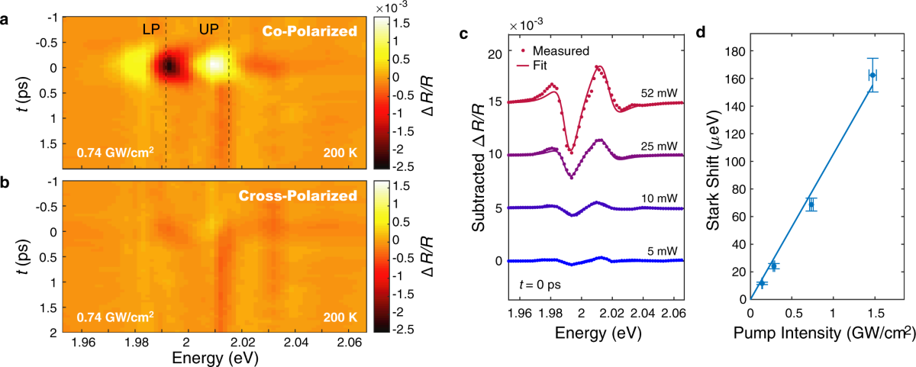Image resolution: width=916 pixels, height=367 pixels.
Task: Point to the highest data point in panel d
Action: tap(873, 75)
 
